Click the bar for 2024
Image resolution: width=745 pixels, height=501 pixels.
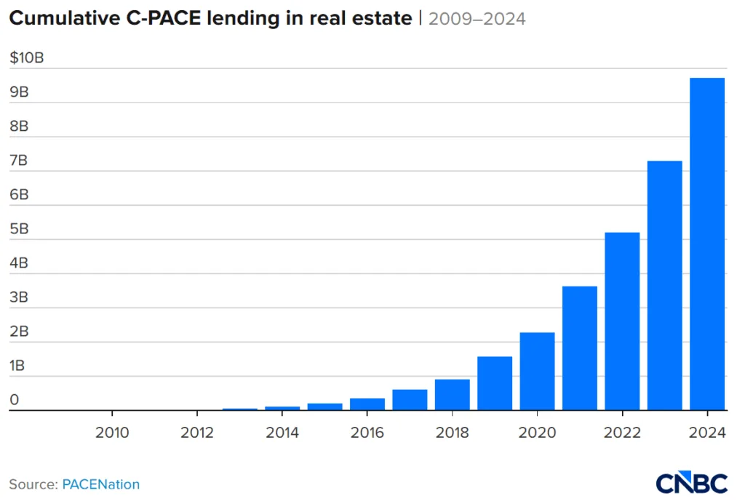707,244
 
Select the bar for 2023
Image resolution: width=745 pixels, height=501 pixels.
665,285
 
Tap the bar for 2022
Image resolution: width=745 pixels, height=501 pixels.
622,321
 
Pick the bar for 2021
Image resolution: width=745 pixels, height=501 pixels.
580,348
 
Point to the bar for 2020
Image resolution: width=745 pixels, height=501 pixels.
537,371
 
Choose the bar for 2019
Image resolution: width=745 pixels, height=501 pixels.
495,383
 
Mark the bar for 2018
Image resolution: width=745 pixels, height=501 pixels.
452,394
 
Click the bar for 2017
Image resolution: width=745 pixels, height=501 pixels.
410,399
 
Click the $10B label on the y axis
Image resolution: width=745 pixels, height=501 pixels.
26,58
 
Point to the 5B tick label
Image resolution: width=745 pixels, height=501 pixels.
19,229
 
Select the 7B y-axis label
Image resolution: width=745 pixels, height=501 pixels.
19,161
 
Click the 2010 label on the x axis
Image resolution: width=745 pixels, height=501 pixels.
112,433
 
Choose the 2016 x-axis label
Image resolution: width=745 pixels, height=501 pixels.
367,433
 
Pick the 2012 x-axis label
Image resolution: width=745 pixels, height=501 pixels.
197,433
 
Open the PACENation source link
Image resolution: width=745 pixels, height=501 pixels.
100,484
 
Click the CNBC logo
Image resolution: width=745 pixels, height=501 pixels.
691,483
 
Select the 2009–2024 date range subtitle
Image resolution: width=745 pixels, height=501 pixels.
477,19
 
